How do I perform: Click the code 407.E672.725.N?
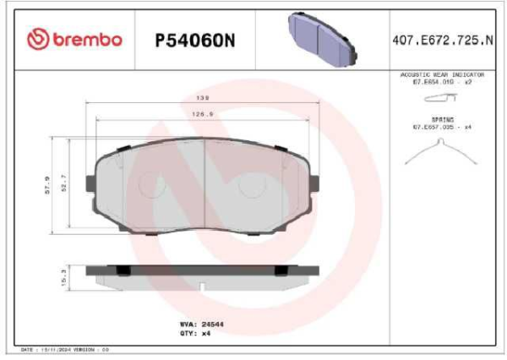click(x=443, y=40)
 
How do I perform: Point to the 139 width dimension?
click(x=204, y=98)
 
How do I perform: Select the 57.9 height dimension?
click(x=49, y=183)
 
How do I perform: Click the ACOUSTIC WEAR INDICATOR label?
click(x=441, y=75)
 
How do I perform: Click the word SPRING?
click(x=442, y=120)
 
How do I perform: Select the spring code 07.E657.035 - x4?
click(x=441, y=127)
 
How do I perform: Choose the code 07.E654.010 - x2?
click(x=441, y=82)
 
